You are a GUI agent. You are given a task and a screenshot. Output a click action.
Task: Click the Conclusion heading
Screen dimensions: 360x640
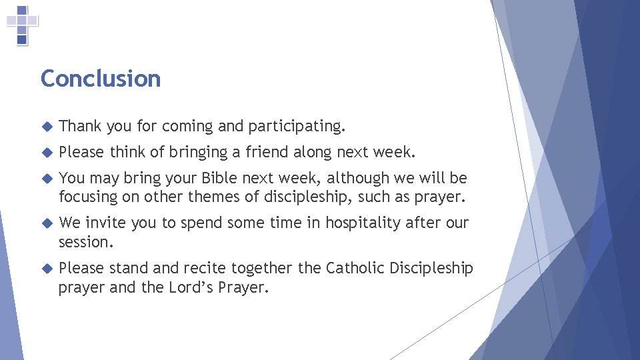click(101, 79)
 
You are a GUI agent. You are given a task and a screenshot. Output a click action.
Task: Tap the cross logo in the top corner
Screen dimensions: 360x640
click(22, 25)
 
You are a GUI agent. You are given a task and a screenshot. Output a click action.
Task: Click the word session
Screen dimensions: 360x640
click(85, 242)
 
